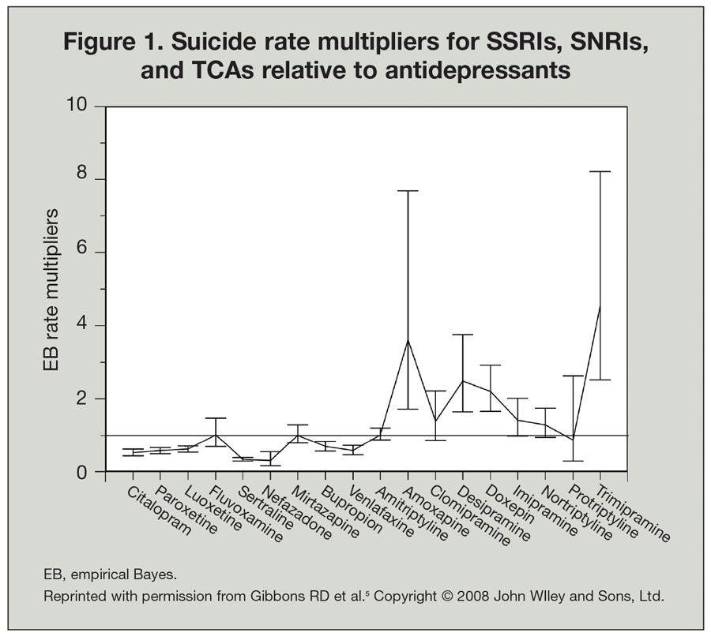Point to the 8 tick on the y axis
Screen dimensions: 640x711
point(97,180)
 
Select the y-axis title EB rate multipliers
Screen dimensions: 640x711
point(51,290)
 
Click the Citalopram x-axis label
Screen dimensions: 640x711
point(160,511)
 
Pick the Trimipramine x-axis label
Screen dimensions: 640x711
point(635,514)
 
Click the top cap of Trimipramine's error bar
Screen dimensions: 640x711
point(600,171)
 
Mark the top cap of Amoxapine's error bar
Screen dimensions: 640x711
point(408,191)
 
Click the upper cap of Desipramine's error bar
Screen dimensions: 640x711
point(462,335)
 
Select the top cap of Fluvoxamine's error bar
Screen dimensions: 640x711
point(215,418)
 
